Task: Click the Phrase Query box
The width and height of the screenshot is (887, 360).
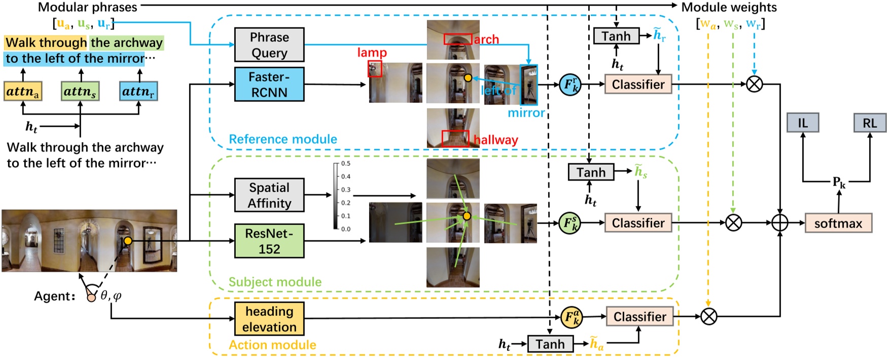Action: [269, 45]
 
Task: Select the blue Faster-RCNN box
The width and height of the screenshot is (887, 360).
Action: [269, 85]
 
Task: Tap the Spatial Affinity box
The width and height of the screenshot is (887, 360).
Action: [269, 195]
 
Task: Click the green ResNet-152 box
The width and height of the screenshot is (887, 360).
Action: [269, 241]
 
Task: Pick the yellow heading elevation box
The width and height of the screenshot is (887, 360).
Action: [269, 319]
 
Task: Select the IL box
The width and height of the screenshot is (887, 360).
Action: [803, 123]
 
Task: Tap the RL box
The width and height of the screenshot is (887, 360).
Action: [870, 123]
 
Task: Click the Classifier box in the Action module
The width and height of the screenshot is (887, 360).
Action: [640, 317]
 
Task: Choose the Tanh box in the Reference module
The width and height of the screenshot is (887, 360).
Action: [616, 37]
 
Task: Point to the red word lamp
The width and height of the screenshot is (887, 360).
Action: [372, 53]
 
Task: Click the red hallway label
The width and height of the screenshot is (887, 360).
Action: [495, 140]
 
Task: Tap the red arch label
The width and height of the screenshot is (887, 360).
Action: [486, 40]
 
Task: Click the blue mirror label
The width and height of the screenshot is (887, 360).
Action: [526, 113]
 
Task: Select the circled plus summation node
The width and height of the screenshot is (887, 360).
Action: [779, 223]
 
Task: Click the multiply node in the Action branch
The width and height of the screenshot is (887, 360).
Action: [708, 317]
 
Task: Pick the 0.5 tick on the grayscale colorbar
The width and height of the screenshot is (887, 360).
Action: [345, 164]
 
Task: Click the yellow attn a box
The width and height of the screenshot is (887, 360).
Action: [23, 91]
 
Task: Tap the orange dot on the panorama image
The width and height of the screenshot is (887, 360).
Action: [128, 241]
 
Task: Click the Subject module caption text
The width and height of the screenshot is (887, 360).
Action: [275, 282]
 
